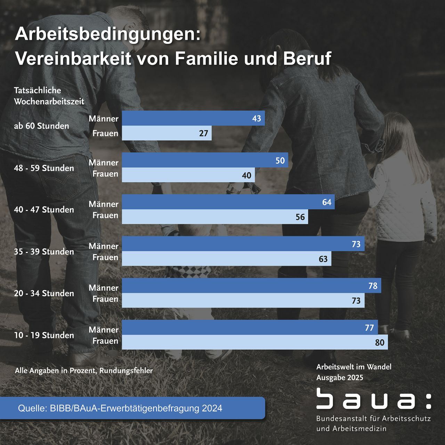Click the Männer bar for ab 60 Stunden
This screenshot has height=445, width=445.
[193, 118]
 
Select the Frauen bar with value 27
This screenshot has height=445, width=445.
[167, 133]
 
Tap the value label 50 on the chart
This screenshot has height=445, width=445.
[280, 160]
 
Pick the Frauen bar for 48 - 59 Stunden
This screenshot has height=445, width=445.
[188, 175]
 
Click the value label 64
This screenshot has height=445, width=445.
[327, 202]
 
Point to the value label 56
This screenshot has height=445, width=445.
[300, 217]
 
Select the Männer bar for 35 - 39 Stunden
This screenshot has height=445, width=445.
[243, 244]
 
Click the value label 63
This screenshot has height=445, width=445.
[323, 259]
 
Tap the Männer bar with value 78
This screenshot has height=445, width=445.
[251, 285]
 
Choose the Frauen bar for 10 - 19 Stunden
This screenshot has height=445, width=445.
[254, 342]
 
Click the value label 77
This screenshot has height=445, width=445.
[369, 327]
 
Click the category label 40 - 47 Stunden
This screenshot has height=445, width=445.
[44, 210]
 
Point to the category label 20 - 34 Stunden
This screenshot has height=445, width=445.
[44, 293]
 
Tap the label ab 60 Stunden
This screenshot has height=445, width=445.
[41, 126]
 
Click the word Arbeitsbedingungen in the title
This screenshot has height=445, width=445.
[108, 35]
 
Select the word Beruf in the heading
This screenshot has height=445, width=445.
[307, 58]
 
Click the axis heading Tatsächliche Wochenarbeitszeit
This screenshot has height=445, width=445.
[49, 96]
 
